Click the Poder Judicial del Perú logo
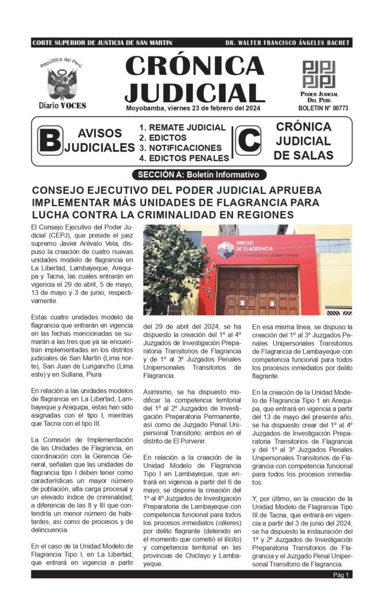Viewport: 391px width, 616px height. point(319,74)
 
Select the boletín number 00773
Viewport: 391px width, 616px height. point(323,108)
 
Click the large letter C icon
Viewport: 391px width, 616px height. point(248,140)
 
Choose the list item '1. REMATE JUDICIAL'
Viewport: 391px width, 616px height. point(183,128)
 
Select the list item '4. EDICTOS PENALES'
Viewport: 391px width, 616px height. point(184,158)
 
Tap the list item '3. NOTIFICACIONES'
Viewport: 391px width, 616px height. point(180,148)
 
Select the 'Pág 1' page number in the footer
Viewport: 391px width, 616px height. point(341,575)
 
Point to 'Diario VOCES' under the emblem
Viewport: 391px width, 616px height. point(62,106)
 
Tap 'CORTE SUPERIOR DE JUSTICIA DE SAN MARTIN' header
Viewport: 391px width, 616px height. point(102,43)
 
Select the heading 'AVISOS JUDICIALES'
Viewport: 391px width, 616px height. point(100,141)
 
